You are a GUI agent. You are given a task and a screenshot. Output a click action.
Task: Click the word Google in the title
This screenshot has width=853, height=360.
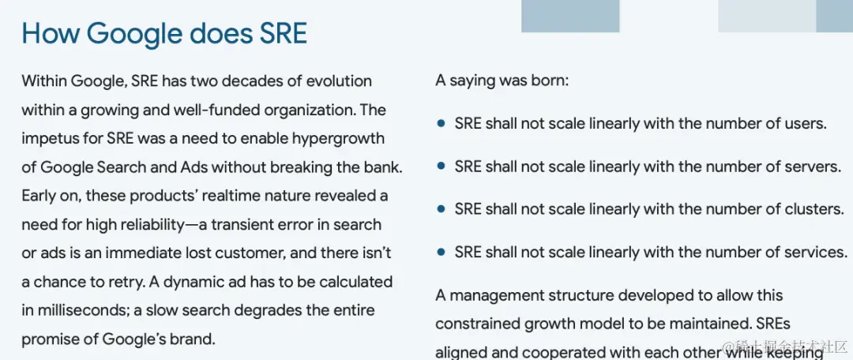pyautogui.click(x=133, y=34)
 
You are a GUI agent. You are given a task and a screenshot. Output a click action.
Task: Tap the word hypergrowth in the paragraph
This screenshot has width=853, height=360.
pyautogui.click(x=338, y=139)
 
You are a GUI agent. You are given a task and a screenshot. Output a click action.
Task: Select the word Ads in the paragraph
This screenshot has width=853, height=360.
pyautogui.click(x=194, y=167)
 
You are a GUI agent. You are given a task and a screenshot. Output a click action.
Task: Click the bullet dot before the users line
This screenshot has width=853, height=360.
pyautogui.click(x=442, y=123)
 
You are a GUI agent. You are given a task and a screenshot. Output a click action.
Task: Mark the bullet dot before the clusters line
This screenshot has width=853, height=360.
pyautogui.click(x=442, y=209)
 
